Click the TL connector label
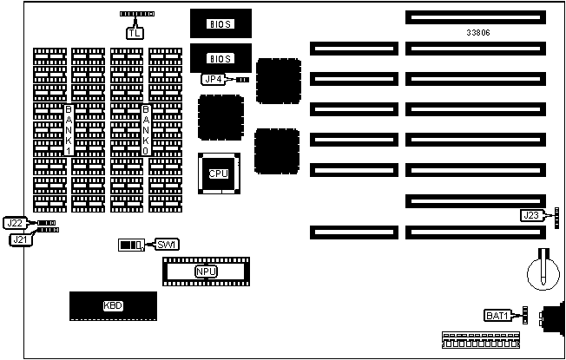click(x=135, y=33)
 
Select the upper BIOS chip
click(x=220, y=24)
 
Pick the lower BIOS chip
click(x=220, y=58)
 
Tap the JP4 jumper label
click(x=214, y=79)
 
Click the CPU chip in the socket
click(x=218, y=173)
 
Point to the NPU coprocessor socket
click(x=205, y=272)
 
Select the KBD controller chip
click(x=113, y=306)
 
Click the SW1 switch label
click(x=165, y=244)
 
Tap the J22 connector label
click(x=15, y=223)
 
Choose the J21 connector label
click(x=21, y=239)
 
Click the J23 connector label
click(x=532, y=215)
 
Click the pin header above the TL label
click(x=136, y=16)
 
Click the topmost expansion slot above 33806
click(x=474, y=16)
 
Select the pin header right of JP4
click(x=242, y=79)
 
